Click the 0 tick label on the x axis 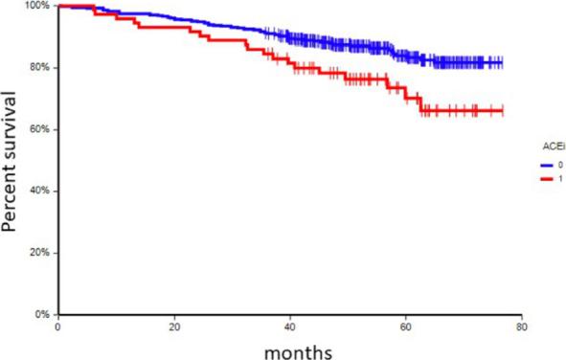[58, 326]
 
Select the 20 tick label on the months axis [174, 326]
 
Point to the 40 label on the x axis [289, 326]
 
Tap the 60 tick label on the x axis [404, 326]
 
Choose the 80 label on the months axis [519, 326]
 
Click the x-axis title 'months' [299, 350]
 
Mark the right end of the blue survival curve [502, 63]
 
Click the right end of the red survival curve [502, 111]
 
